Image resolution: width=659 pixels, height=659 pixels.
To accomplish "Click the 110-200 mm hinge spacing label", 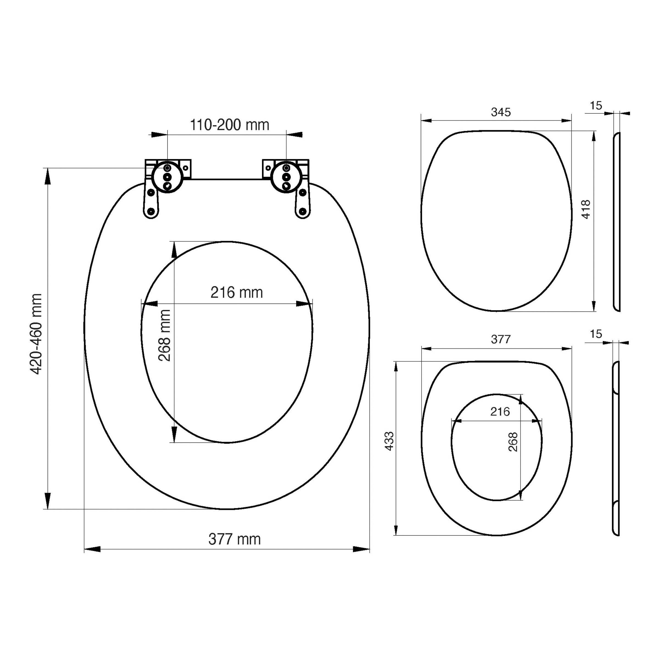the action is point(229,125).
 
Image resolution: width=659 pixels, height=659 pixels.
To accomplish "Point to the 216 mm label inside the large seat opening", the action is point(236,293).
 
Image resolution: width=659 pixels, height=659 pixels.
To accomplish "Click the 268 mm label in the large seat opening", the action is point(164,335).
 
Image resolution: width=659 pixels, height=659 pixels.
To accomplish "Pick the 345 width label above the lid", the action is point(501,112).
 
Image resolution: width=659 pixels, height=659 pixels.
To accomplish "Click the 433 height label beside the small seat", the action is point(389,441).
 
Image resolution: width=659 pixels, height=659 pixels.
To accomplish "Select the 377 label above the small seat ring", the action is point(501,339).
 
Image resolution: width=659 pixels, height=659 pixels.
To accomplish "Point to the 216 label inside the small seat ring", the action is point(500,412).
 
